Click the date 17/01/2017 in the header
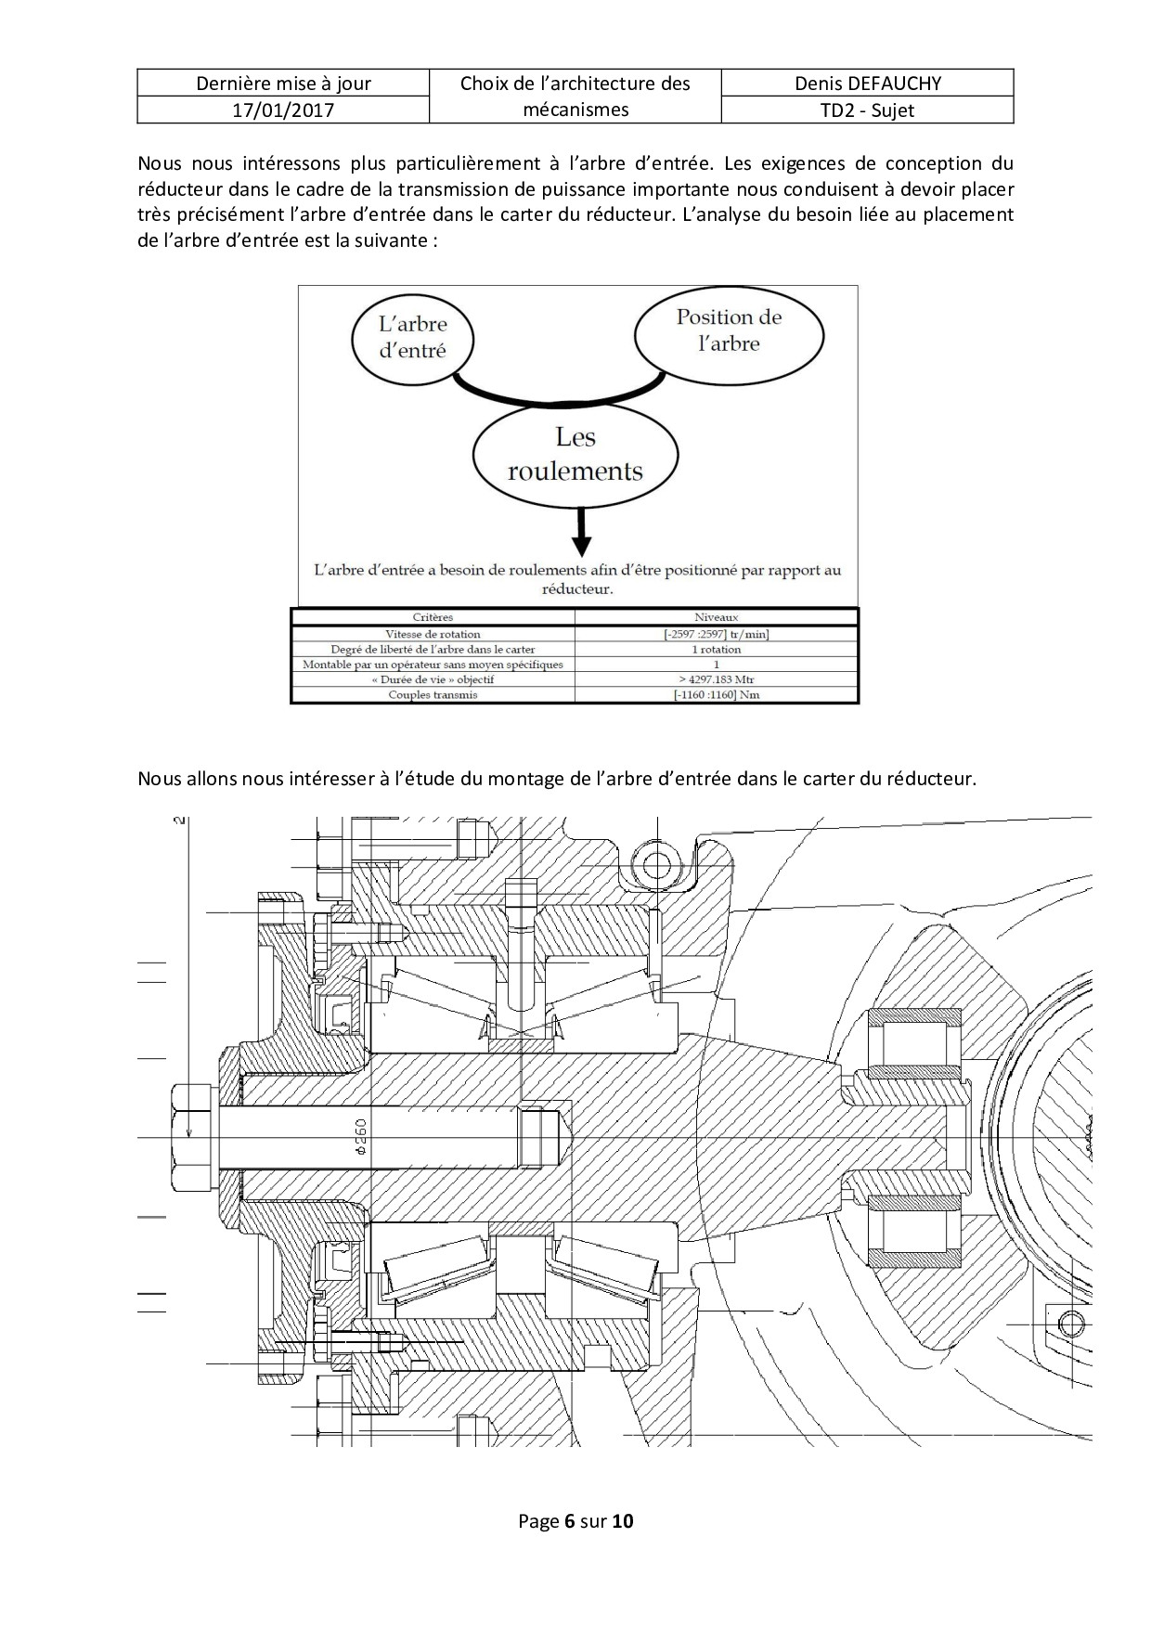click(283, 110)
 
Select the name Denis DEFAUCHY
click(867, 84)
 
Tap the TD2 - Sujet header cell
click(867, 110)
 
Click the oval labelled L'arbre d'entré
click(413, 337)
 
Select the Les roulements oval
click(575, 455)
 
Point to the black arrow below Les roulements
click(581, 533)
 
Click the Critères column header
click(433, 617)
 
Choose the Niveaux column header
click(717, 617)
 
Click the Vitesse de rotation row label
click(433, 634)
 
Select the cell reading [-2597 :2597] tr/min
click(717, 634)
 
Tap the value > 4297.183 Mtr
click(717, 679)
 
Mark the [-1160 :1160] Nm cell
click(717, 694)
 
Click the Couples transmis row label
click(433, 694)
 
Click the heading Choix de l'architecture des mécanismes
click(575, 97)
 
